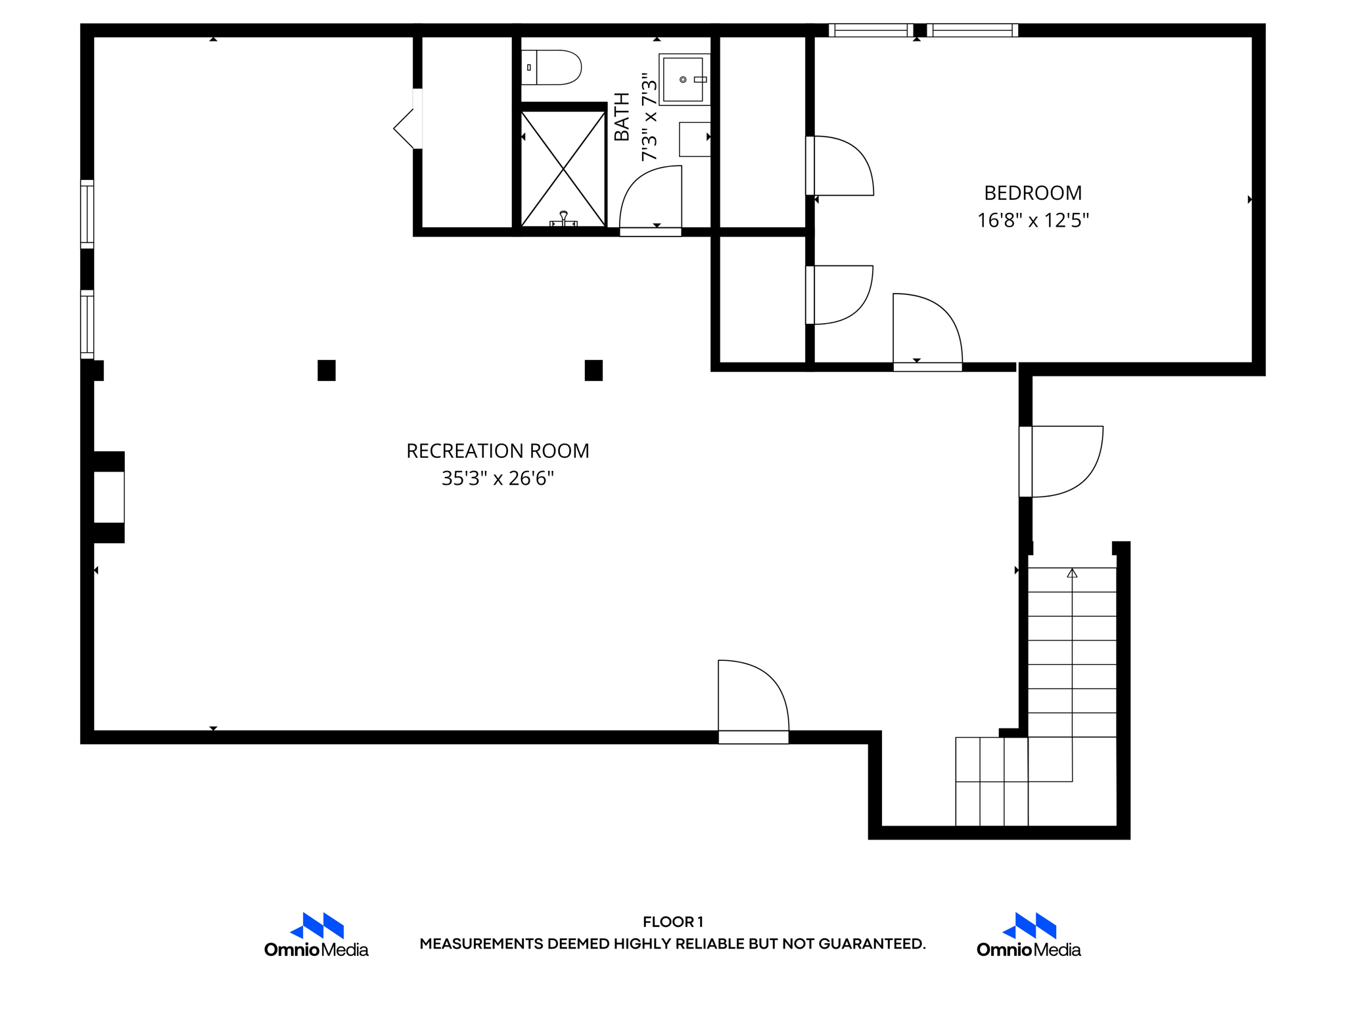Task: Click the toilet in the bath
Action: [552, 67]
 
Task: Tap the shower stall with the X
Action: [563, 169]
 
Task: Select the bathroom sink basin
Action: [684, 79]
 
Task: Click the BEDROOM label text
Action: [1033, 193]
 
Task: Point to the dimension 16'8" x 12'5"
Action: [1033, 221]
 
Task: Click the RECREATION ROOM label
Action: [498, 451]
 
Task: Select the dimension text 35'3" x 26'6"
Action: [498, 479]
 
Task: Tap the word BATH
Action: [622, 117]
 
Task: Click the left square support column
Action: [327, 370]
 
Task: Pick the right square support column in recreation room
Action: [593, 370]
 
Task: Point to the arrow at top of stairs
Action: [1072, 573]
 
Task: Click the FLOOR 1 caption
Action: [672, 922]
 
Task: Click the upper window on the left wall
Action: [87, 214]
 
